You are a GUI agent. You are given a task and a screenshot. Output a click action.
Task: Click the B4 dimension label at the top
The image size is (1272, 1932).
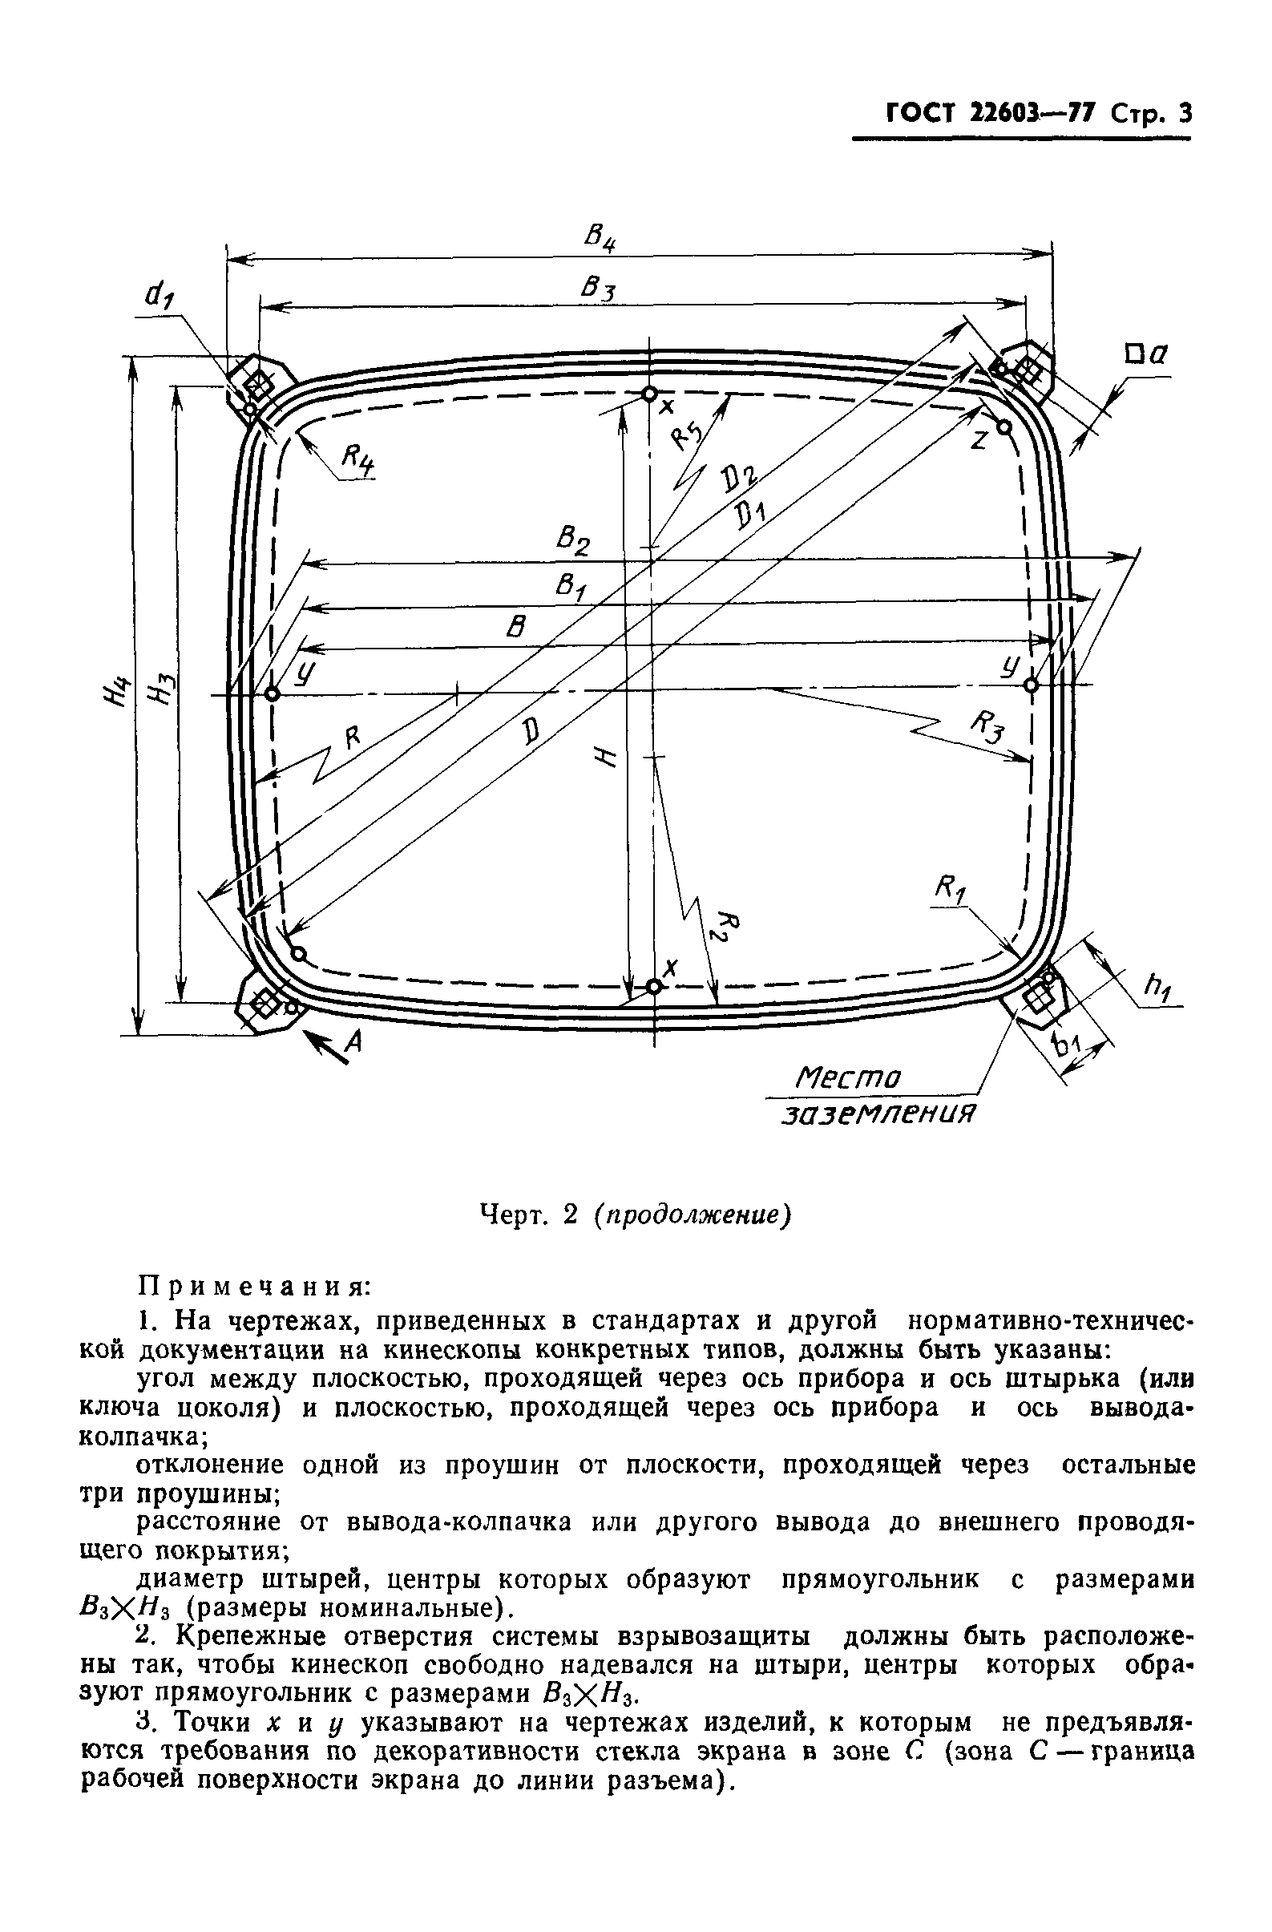point(600,239)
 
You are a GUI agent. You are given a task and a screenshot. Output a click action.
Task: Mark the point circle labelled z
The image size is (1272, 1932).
point(1004,426)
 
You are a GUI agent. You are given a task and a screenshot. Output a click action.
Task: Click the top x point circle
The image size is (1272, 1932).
point(649,394)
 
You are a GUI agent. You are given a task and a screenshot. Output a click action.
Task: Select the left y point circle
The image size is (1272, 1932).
point(272,694)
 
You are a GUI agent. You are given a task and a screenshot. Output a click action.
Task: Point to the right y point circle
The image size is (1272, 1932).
point(1032,685)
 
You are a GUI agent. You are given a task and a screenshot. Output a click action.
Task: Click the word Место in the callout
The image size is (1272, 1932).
point(848,1080)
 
